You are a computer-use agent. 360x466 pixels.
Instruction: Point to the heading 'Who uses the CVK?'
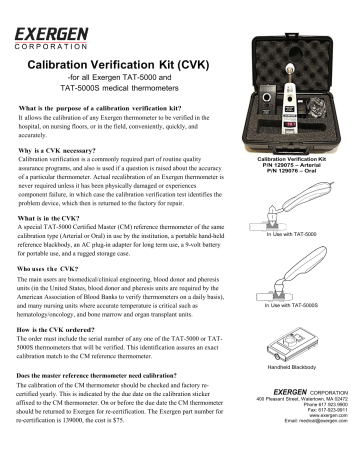coord(52,296)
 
